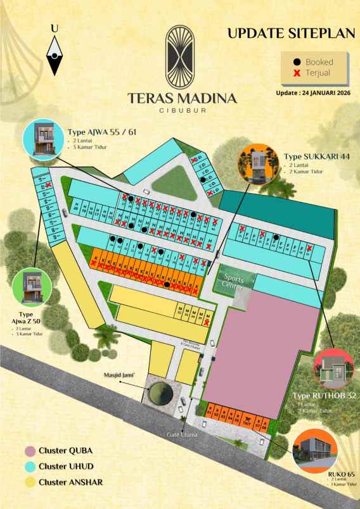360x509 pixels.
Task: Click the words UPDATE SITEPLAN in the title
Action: (290, 34)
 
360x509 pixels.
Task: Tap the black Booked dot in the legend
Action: (297, 62)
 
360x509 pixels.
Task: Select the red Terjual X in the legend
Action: (297, 73)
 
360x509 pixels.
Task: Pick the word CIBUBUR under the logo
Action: (182, 110)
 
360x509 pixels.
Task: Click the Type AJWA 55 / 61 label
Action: (102, 132)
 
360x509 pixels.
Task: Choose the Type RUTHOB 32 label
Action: (325, 396)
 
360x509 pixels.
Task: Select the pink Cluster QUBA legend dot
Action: (29, 451)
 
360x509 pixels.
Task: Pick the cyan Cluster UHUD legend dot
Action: (29, 467)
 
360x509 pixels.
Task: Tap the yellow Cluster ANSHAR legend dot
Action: (29, 482)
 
